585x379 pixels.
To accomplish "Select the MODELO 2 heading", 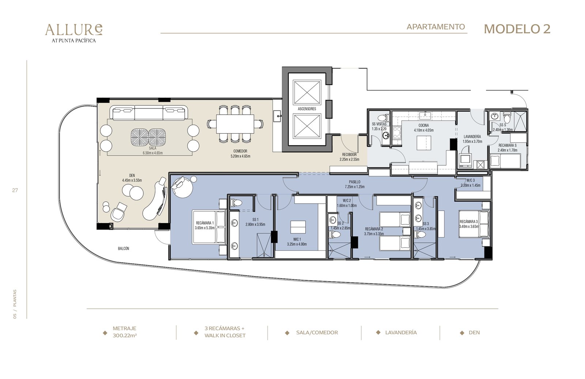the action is tap(517, 29).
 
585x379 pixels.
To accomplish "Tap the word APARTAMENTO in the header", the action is tap(435, 27).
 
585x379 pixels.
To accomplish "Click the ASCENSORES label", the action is tap(307, 109).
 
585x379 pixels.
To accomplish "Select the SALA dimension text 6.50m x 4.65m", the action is tap(152, 153).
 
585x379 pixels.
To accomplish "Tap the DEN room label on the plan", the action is tap(132, 175).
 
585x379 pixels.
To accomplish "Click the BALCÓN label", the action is tap(124, 249).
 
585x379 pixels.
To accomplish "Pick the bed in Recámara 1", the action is tap(209, 227).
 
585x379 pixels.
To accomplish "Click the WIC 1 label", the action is tap(297, 239).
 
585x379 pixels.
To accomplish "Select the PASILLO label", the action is tap(354, 182).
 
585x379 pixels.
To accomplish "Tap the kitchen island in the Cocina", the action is tap(424, 143).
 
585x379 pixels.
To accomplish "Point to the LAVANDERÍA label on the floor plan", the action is tap(472, 137).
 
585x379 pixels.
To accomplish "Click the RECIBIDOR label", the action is tap(349, 155).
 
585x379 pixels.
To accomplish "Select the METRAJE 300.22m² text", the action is tap(125, 332).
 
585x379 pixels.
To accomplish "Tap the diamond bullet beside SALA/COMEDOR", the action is tap(287, 333).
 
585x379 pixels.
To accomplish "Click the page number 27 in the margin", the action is tap(15, 190).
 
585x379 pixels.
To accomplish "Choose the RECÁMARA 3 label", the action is tap(469, 222).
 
